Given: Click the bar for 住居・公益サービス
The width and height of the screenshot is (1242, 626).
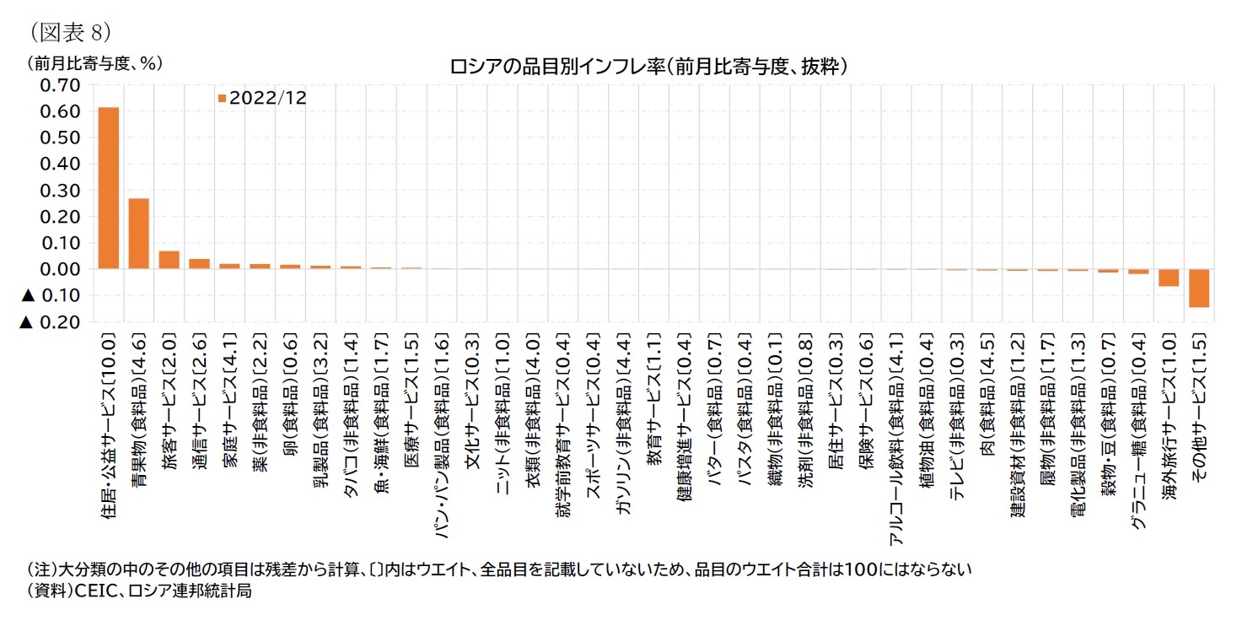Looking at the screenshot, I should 109,187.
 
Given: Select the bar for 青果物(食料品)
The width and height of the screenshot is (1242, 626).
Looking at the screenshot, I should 139,234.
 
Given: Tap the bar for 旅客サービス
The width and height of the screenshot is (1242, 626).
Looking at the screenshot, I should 169,260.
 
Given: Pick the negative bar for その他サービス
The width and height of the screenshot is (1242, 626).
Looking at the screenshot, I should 1198,288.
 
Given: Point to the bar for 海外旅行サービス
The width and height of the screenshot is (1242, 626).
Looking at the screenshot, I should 1168,278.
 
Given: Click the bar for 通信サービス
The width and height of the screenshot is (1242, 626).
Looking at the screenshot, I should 200,264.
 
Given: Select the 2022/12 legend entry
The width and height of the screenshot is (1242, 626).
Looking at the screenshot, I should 262,98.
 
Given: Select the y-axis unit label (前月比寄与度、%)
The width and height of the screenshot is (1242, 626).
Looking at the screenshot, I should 94,62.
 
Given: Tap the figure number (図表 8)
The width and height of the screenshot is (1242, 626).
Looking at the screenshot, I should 69,32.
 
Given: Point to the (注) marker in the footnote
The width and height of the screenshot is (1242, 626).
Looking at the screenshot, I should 41,569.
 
